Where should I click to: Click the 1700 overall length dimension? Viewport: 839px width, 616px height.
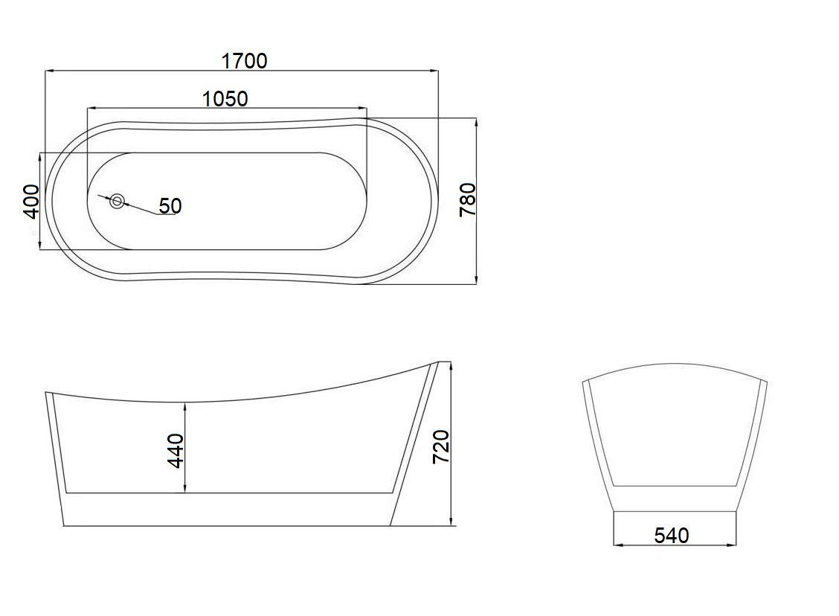pyautogui.click(x=244, y=61)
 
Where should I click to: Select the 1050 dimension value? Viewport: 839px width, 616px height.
pyautogui.click(x=225, y=99)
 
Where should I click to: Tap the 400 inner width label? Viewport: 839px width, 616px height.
pyautogui.click(x=31, y=201)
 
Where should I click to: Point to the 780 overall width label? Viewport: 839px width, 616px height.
pyautogui.click(x=468, y=199)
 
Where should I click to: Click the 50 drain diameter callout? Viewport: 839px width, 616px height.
pyautogui.click(x=170, y=205)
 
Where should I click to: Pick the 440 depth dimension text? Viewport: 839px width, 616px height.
pyautogui.click(x=176, y=451)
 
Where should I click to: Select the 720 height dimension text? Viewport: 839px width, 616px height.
pyautogui.click(x=441, y=446)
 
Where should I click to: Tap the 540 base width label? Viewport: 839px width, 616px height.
pyautogui.click(x=672, y=535)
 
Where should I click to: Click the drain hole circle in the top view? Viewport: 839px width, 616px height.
pyautogui.click(x=118, y=202)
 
